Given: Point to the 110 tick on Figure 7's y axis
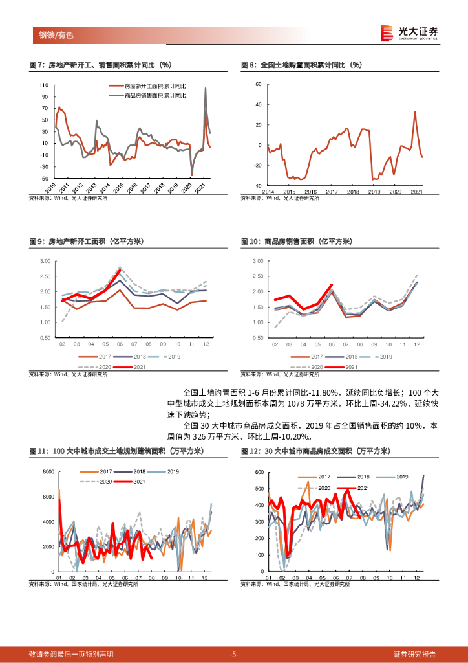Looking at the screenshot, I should click(44, 85).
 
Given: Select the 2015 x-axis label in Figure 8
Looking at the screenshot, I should click(289, 192).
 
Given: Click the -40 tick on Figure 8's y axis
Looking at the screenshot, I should click(257, 185).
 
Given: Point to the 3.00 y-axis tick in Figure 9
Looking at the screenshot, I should click(45, 260).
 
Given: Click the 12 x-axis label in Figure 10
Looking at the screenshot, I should click(416, 344).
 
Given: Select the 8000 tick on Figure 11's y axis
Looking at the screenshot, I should click(47, 471).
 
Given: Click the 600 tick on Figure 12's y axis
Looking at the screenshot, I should click(259, 471).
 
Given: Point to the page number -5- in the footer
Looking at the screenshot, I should click(234, 654).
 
